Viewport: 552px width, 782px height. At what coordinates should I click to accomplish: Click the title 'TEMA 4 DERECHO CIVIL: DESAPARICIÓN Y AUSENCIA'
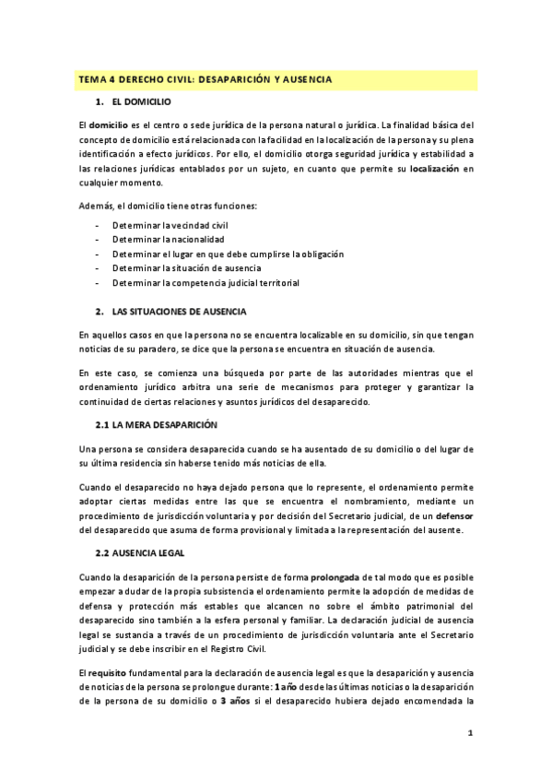205,80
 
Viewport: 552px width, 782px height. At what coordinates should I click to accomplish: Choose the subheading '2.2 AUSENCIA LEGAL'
140,552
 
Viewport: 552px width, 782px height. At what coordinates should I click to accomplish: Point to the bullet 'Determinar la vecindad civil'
170,225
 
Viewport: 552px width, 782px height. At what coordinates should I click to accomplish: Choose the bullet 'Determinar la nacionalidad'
168,239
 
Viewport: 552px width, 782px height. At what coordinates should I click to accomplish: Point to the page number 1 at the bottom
469,733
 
